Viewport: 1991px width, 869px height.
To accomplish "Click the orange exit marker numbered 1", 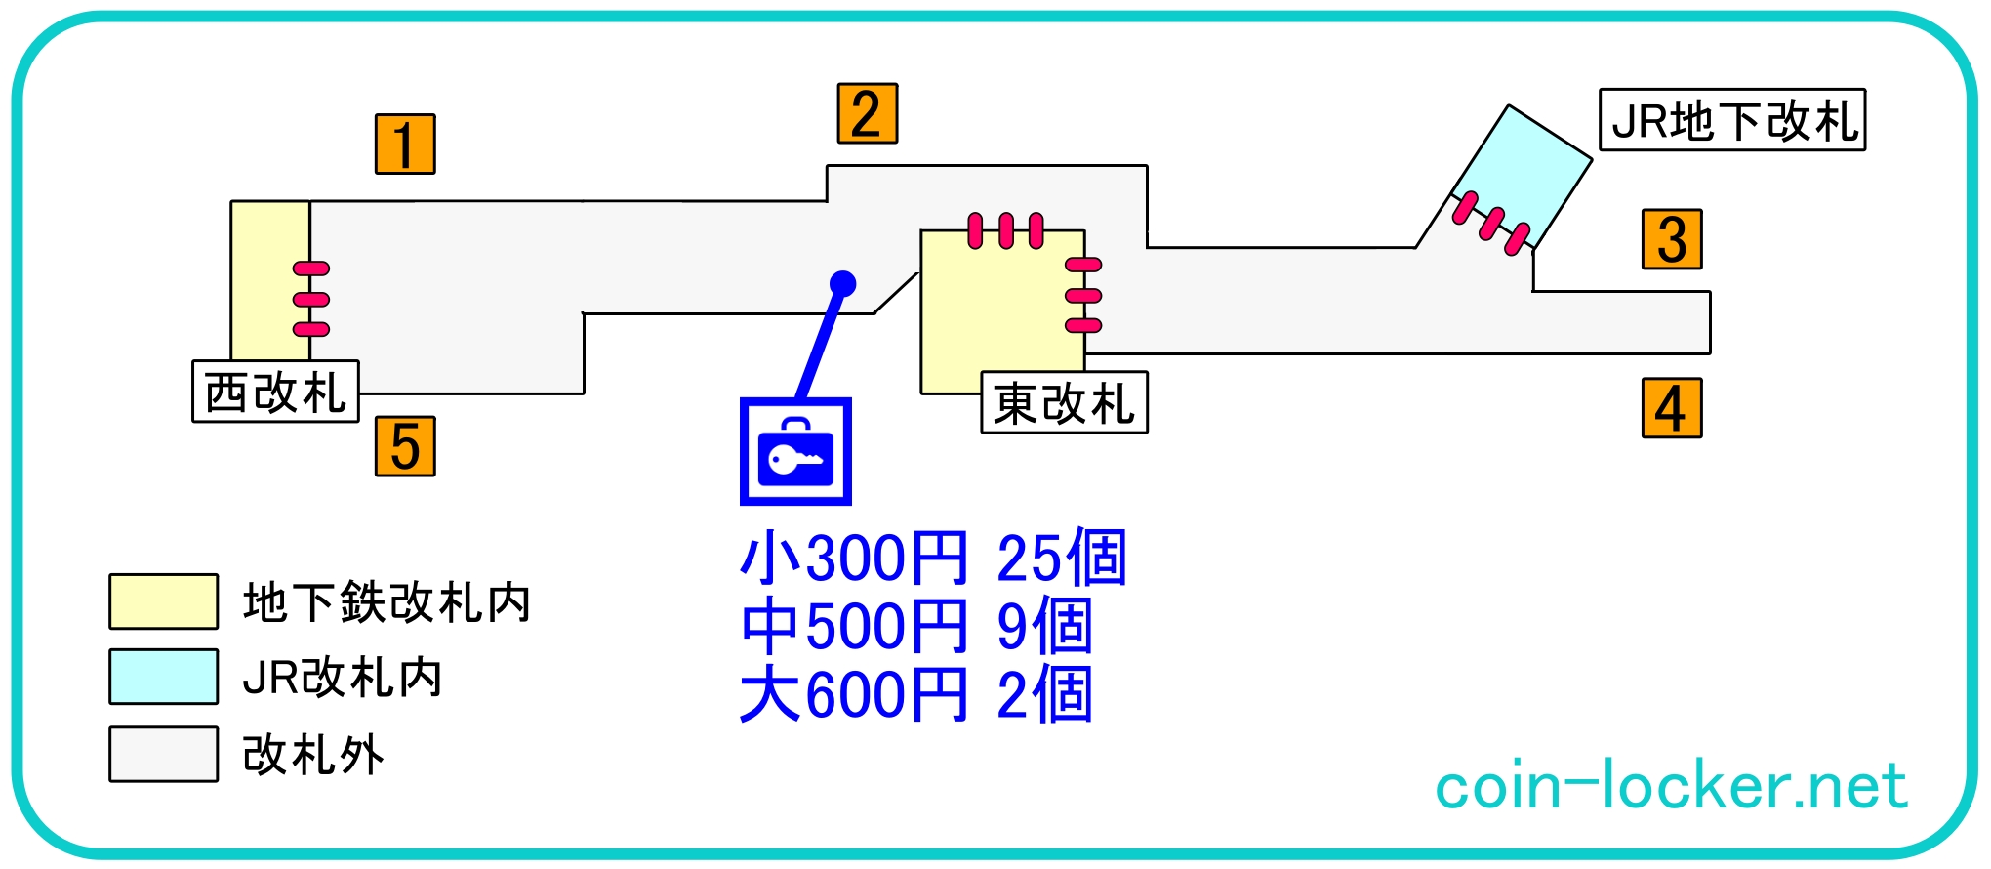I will [405, 145].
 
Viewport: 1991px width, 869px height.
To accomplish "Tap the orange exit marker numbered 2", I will [867, 114].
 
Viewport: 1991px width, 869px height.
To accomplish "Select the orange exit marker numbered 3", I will [1672, 239].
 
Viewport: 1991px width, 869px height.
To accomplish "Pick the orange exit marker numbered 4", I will [1672, 408].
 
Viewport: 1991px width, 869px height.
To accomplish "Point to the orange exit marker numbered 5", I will [405, 446].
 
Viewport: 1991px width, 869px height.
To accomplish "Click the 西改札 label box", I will [275, 392].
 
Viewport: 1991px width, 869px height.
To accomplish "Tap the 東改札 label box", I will [1064, 402].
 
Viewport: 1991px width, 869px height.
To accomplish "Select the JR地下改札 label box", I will [1732, 120].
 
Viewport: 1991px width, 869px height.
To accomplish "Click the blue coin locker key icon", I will [795, 452].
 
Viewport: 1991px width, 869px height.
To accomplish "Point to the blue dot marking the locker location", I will [842, 284].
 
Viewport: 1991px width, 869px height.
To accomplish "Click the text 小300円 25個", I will [933, 559].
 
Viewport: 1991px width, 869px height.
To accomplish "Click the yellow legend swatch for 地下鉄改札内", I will [163, 601].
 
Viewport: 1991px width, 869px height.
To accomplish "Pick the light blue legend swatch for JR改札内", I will [163, 677].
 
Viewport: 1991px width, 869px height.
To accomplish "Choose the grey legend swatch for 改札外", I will [163, 754].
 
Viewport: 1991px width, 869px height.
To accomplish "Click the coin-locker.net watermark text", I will [1670, 786].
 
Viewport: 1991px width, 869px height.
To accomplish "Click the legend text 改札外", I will [313, 755].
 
